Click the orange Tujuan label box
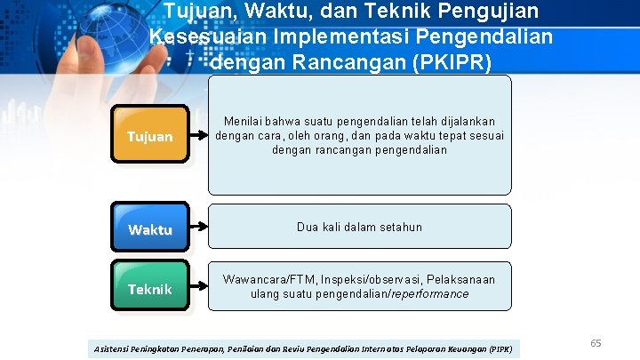pyautogui.click(x=149, y=136)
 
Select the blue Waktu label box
pyautogui.click(x=149, y=229)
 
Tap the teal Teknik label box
pyautogui.click(x=149, y=288)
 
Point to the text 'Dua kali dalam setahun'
pyautogui.click(x=360, y=227)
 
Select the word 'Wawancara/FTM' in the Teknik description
pyautogui.click(x=264, y=279)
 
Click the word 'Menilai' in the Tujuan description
pyautogui.click(x=244, y=121)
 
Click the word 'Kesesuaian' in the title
pyautogui.click(x=194, y=36)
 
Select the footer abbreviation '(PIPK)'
pyautogui.click(x=501, y=348)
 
